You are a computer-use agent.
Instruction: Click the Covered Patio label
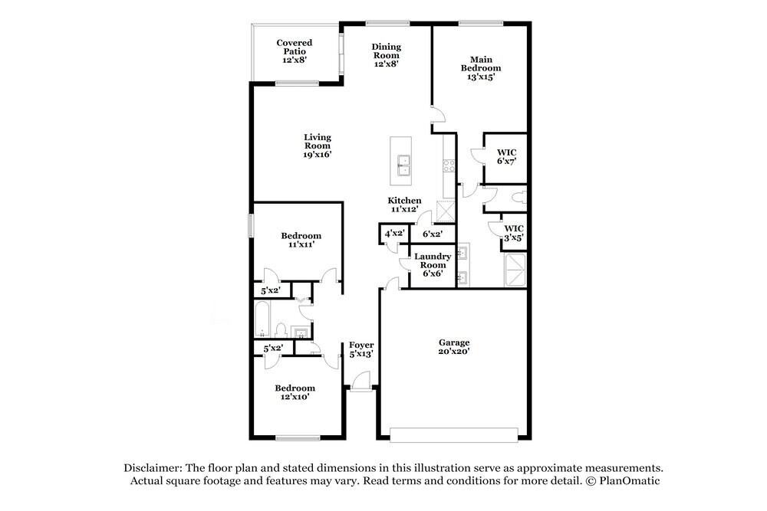point(294,51)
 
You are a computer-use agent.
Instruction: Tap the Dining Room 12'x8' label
point(386,54)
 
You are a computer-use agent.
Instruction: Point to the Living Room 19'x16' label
point(318,146)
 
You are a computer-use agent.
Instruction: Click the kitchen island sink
point(403,165)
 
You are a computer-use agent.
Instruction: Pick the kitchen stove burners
point(449,165)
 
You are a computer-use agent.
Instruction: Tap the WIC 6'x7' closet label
point(506,157)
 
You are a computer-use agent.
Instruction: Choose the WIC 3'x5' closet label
point(514,233)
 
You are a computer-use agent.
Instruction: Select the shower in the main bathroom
point(515,270)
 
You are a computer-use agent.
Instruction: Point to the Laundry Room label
point(433,265)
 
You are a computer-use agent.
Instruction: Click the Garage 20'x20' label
point(454,346)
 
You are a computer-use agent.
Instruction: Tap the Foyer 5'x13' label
point(361,349)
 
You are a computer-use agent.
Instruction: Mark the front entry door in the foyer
point(362,382)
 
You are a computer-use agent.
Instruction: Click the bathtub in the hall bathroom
point(262,319)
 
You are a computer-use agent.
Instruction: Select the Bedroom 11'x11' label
point(301,240)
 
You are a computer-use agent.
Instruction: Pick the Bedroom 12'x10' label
point(295,392)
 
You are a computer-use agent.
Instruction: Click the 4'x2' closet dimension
point(394,234)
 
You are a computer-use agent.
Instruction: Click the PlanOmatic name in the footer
point(629,480)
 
